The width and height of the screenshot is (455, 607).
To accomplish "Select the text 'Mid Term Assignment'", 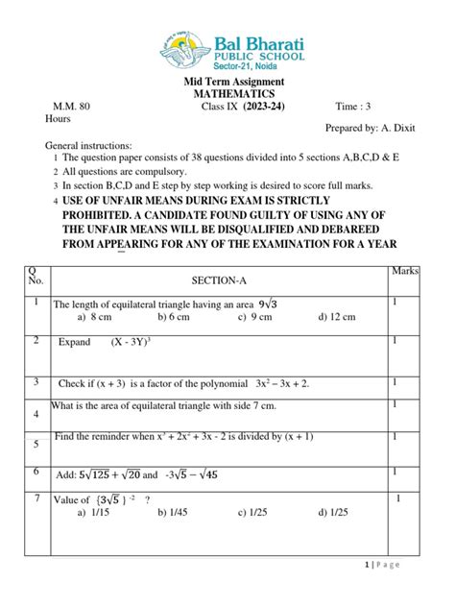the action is (227, 82).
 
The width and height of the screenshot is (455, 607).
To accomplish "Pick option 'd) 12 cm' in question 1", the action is (337, 318).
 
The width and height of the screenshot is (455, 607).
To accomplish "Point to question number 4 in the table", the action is (36, 415).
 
